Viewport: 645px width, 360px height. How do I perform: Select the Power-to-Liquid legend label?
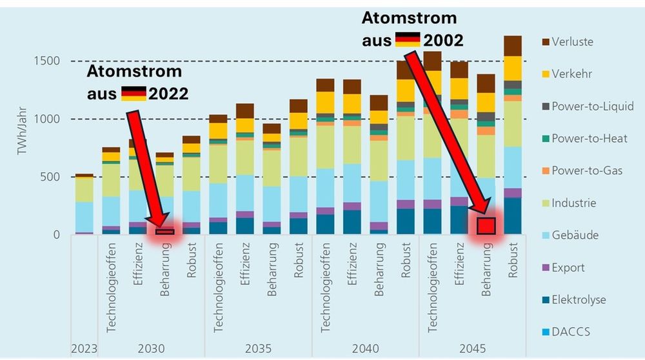pos(592,106)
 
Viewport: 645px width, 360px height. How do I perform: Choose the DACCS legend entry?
pos(570,332)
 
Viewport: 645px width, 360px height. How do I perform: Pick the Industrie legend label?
pos(573,203)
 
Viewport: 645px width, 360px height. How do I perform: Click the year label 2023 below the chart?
pos(84,349)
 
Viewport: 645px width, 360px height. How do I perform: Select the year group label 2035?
pos(258,349)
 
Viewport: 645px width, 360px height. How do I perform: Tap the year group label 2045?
pos(473,349)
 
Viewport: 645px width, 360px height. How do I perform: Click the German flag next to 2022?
pos(134,94)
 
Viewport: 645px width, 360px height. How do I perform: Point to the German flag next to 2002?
pos(408,40)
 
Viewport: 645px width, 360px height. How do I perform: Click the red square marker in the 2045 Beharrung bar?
pos(486,226)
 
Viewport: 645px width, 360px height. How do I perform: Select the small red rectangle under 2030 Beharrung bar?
pos(164,232)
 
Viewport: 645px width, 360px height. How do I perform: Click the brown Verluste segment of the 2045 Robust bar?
pos(512,46)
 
